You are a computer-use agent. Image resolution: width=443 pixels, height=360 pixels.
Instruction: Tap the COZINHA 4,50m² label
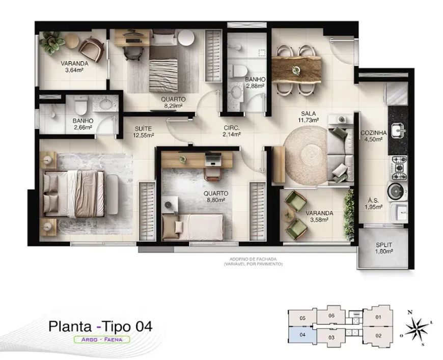click(x=374, y=136)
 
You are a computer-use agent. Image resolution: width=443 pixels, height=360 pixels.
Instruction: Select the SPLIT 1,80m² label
click(x=383, y=248)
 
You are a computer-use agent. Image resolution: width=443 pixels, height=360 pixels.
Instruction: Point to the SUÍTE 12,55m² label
click(x=143, y=132)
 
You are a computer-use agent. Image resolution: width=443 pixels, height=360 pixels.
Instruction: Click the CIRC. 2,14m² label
click(x=231, y=131)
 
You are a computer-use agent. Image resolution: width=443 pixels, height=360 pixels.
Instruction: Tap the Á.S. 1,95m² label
click(x=373, y=204)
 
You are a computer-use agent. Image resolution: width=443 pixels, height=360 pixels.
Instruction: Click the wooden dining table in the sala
click(x=296, y=69)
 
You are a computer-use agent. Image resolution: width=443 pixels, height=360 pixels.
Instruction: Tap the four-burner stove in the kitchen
click(x=399, y=168)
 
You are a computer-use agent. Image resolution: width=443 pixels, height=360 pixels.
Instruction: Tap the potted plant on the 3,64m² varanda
click(x=52, y=42)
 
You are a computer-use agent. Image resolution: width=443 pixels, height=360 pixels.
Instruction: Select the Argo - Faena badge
click(x=102, y=339)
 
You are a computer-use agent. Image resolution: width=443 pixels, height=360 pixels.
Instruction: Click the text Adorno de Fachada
click(x=253, y=259)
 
